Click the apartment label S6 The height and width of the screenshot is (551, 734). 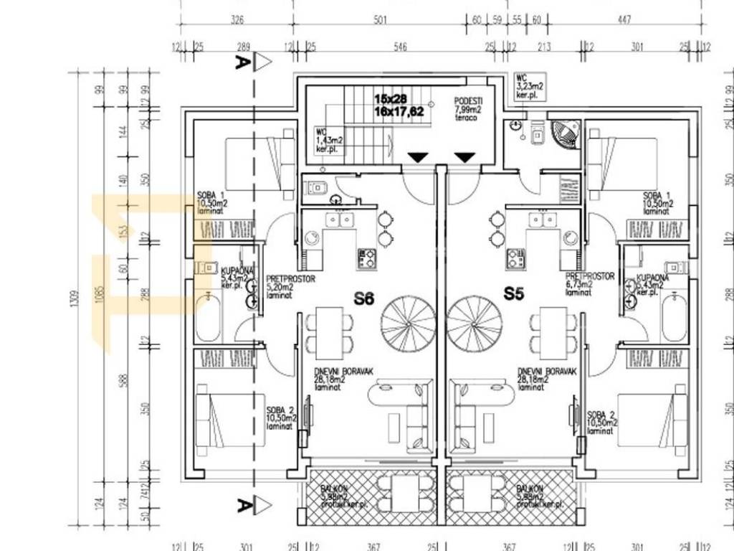(x=363, y=298)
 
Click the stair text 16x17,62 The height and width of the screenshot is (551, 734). (x=399, y=111)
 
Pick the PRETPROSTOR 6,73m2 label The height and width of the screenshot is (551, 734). (x=589, y=284)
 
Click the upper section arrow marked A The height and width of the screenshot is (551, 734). (x=252, y=62)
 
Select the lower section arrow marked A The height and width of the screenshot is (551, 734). (x=252, y=506)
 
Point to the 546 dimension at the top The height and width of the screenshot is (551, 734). (x=400, y=47)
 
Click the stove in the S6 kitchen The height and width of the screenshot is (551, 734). (x=368, y=257)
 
